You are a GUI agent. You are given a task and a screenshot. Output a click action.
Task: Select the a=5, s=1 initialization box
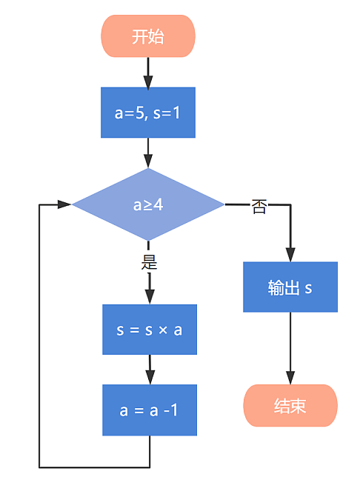(148, 113)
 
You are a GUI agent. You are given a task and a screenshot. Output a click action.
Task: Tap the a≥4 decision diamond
(148, 204)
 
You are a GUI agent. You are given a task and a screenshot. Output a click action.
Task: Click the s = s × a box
(149, 330)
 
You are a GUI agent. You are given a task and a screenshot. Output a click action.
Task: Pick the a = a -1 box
(149, 410)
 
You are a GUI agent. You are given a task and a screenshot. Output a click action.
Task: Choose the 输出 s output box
(290, 287)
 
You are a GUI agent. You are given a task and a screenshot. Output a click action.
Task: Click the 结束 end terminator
(290, 406)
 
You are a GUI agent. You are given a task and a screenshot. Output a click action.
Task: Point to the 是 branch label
(149, 261)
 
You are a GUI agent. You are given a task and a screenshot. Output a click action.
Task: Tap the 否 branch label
(259, 207)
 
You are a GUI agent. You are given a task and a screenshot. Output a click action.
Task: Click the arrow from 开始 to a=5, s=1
(148, 71)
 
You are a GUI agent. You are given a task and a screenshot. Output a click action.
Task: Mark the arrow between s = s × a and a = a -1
(149, 369)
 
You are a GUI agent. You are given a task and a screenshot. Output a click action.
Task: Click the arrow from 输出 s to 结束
(290, 348)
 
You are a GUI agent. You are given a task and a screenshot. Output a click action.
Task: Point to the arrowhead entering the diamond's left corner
(65, 204)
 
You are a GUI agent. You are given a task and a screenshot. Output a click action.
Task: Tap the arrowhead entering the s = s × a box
(149, 297)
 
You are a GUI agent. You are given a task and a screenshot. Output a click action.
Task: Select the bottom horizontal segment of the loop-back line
(94, 467)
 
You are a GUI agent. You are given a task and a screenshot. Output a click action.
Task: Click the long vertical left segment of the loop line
(39, 333)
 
